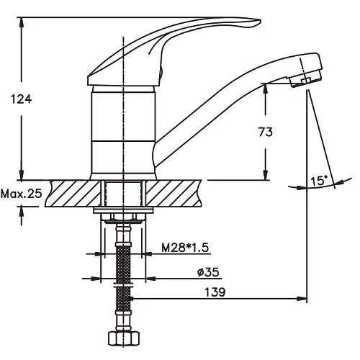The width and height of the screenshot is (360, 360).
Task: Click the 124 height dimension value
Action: point(21,99)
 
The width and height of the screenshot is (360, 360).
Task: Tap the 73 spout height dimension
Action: point(266,132)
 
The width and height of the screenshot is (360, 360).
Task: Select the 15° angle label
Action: point(319,181)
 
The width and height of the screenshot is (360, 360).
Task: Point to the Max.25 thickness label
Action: point(21,194)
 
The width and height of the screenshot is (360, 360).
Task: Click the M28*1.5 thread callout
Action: point(185,248)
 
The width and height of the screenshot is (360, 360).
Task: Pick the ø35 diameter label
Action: point(208,272)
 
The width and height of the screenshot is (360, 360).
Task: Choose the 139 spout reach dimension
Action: point(215,292)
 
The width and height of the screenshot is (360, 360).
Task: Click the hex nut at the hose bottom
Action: point(124,338)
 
